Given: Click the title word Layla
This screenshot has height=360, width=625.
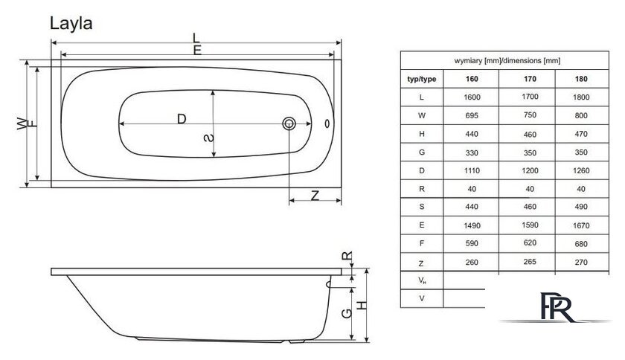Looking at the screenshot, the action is click(x=71, y=24).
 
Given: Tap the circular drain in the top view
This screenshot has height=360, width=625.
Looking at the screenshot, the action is click(x=289, y=123).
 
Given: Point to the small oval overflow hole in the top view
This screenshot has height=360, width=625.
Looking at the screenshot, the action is click(x=327, y=123).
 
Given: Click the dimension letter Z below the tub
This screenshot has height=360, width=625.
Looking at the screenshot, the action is click(x=315, y=196).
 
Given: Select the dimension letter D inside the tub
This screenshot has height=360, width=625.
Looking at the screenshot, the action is click(x=182, y=119).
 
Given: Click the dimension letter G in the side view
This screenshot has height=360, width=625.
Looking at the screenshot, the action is click(x=347, y=313).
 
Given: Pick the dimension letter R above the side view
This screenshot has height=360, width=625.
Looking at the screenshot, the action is click(x=347, y=256).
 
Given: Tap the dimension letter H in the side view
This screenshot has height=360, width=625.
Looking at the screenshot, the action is click(x=362, y=306).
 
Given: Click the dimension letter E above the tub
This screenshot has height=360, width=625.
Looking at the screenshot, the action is click(x=197, y=51).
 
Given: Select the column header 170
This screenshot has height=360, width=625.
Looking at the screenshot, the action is click(x=530, y=79).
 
